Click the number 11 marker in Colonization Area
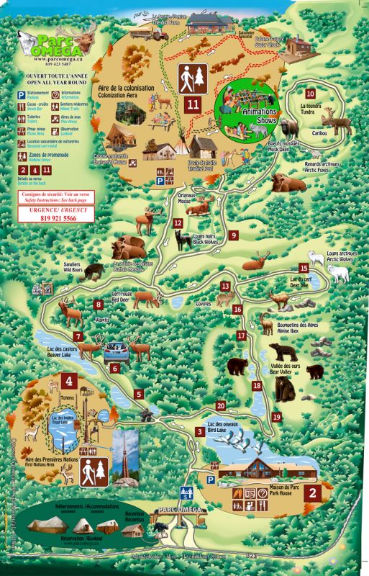[192, 104]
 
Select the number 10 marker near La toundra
[310, 94]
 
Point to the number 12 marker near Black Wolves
[178, 224]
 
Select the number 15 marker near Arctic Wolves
[304, 268]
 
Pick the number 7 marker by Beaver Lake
[77, 336]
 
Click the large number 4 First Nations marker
[69, 382]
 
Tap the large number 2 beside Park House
[313, 493]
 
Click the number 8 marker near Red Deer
[98, 304]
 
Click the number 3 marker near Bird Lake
[199, 431]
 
